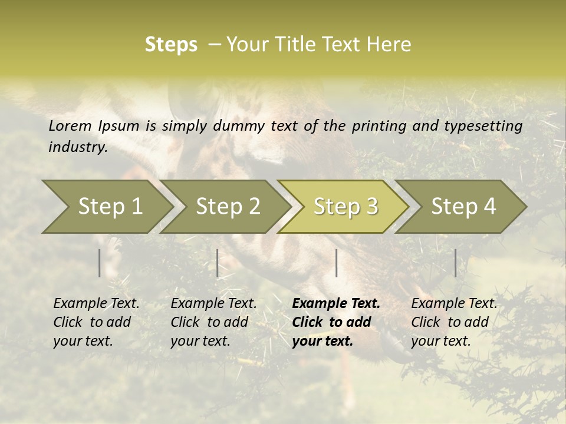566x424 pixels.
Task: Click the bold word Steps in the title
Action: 171,45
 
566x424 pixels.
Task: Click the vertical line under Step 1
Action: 100,263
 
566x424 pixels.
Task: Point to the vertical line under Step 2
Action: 218,263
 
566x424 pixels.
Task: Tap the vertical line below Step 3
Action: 336,263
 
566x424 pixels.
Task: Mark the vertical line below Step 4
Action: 456,263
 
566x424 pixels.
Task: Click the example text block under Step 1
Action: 96,322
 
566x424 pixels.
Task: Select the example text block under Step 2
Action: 213,322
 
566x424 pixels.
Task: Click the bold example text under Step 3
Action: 336,322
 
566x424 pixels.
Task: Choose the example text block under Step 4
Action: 454,322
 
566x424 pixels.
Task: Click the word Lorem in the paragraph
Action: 70,125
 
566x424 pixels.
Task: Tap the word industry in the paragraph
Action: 77,147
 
